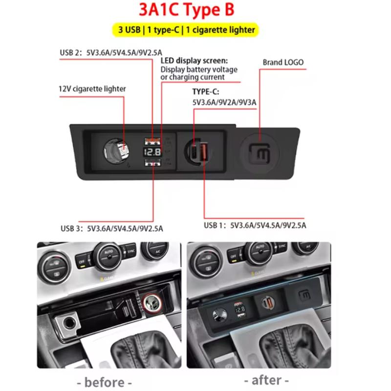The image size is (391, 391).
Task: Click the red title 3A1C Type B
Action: click(x=195, y=11)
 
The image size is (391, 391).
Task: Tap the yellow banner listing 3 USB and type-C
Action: click(x=187, y=30)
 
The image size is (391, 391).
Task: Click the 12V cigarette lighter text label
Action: click(x=92, y=89)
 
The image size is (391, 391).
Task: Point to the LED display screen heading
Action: click(x=194, y=61)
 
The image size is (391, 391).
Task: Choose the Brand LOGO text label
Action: click(x=283, y=62)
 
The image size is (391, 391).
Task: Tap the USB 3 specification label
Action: click(x=112, y=228)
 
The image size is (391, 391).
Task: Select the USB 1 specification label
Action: click(x=255, y=225)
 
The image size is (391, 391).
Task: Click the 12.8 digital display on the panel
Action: click(x=153, y=152)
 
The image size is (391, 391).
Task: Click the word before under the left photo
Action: click(x=105, y=381)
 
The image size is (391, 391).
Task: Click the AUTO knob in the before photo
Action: click(x=108, y=253)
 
